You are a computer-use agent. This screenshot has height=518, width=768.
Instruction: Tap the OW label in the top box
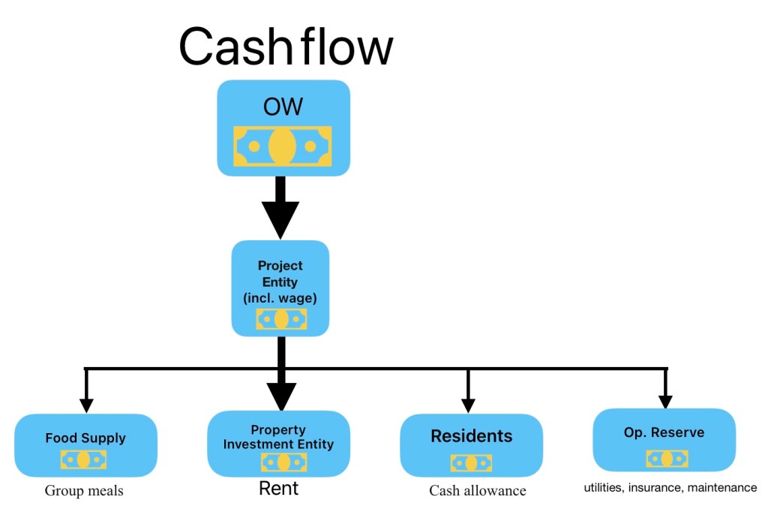tap(283, 107)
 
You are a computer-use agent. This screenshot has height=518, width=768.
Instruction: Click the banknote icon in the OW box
tap(282, 146)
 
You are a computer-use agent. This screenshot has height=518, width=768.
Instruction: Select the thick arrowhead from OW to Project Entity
tap(280, 218)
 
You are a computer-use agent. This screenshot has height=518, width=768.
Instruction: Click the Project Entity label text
tap(280, 282)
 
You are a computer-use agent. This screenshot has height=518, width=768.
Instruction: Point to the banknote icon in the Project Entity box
tap(281, 319)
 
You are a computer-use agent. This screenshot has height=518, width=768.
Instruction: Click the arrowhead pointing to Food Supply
tap(86, 405)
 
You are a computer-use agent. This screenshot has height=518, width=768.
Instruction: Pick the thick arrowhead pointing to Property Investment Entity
tap(280, 396)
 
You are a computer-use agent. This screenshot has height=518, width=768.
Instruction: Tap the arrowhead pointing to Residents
tap(468, 405)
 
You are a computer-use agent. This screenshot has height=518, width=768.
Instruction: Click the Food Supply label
tap(85, 438)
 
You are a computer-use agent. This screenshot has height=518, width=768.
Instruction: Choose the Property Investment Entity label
tap(278, 437)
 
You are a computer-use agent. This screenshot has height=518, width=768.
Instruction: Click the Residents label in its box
tap(471, 436)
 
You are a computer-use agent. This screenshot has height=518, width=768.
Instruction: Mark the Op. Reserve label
tap(664, 432)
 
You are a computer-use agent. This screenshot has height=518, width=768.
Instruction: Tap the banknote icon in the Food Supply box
tap(83, 459)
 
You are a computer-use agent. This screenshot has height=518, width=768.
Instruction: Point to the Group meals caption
tap(84, 491)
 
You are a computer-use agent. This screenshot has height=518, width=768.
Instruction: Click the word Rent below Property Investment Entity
tap(278, 489)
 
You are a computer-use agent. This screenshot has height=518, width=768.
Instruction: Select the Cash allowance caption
tap(478, 491)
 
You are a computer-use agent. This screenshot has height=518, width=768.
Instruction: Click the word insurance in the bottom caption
tap(661, 488)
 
